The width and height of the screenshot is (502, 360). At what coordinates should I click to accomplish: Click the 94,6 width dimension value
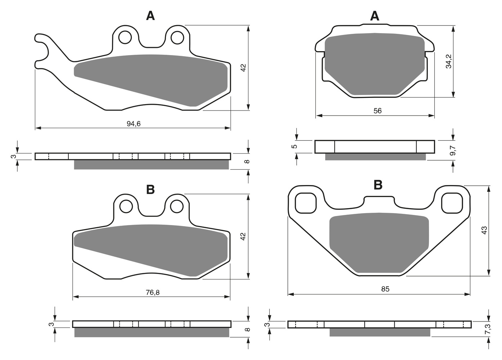(x=134, y=123)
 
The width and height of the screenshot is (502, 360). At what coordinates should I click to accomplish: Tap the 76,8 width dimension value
(x=153, y=292)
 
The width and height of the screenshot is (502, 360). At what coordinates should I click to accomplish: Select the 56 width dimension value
(x=377, y=111)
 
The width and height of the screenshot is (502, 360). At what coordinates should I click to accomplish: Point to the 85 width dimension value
(x=385, y=289)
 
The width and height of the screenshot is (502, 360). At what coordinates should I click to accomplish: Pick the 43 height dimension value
(x=484, y=230)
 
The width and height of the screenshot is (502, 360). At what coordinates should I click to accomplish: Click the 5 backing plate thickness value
(x=295, y=146)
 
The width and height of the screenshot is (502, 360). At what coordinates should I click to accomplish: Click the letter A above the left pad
(x=151, y=16)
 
